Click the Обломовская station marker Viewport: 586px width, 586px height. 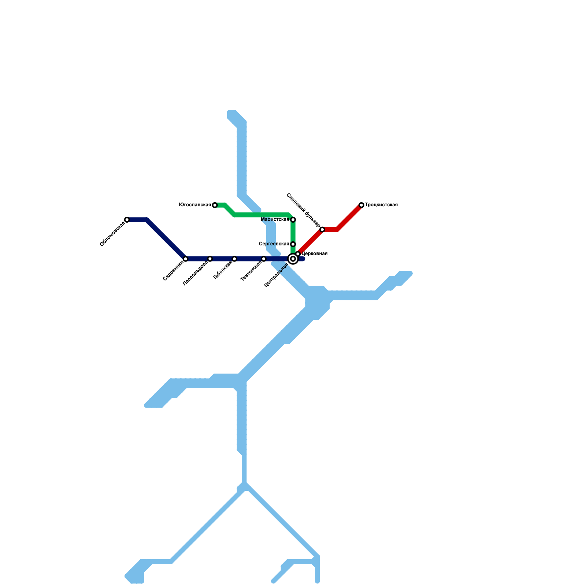(x=127, y=220)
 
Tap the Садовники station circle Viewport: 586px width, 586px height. (x=186, y=259)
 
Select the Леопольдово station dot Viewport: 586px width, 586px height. (x=210, y=259)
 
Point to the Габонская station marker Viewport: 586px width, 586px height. (x=234, y=259)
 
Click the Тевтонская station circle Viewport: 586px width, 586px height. (x=264, y=259)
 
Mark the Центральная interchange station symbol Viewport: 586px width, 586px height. (x=293, y=259)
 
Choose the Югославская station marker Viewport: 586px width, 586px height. (x=215, y=205)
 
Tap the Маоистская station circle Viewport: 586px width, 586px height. (x=293, y=220)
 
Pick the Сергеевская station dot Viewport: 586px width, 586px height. (x=293, y=244)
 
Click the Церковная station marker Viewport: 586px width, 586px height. (x=298, y=254)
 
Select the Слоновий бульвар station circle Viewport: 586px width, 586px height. (x=322, y=230)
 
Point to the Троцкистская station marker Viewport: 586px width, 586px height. (x=361, y=205)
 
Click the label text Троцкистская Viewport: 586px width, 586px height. (x=381, y=205)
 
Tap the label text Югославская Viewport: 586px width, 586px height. (x=195, y=205)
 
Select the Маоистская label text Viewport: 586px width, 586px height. (x=275, y=220)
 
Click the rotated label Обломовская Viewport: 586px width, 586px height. (x=112, y=234)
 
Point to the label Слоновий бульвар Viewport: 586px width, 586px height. (x=303, y=210)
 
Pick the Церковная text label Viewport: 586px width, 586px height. (x=314, y=254)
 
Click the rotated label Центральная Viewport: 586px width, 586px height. (x=277, y=275)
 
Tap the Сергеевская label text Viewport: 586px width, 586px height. (x=274, y=244)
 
